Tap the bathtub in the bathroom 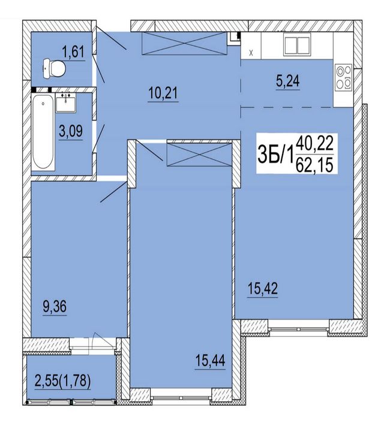(x=43, y=132)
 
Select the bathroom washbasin (x=66, y=103)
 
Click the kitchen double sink (x=297, y=45)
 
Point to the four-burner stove (x=343, y=77)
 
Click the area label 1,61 (x=73, y=52)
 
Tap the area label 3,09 (x=71, y=132)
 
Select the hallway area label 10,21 (x=163, y=94)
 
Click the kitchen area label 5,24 (x=287, y=81)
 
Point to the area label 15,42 (x=263, y=289)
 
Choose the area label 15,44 (x=210, y=361)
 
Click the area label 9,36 (x=55, y=306)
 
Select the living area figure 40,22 (x=315, y=143)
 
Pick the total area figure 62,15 (x=314, y=165)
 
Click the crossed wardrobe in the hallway (x=184, y=43)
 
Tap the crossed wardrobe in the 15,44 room (x=199, y=155)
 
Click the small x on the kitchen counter (x=251, y=53)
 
